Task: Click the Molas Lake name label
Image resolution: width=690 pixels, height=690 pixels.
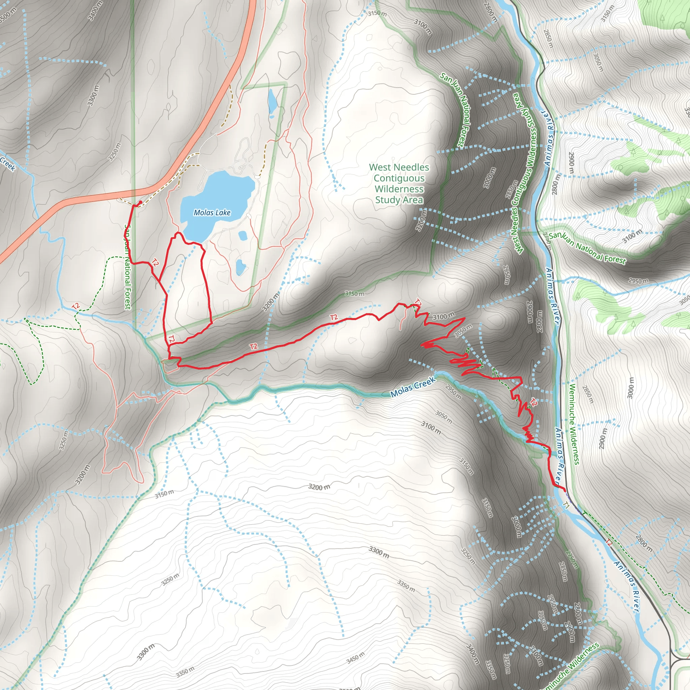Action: coord(212,213)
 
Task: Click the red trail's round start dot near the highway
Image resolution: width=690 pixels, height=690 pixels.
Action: coord(140,202)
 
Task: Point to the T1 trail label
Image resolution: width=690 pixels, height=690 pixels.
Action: coord(566,505)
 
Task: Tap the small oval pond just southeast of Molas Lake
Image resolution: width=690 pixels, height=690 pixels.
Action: coord(243,236)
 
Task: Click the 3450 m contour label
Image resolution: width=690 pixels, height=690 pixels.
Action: coord(355,658)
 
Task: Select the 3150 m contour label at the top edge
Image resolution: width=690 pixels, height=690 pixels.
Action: coord(377,13)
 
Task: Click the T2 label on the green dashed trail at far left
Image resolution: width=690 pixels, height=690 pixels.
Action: coord(75,306)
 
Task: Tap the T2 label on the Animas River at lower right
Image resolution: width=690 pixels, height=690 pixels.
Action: coord(609,542)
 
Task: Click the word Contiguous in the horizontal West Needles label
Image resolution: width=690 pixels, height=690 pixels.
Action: coord(399,178)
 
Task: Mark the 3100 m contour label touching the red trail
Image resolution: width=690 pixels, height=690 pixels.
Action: coord(444,316)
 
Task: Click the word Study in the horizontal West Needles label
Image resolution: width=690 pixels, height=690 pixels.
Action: coord(387,200)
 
